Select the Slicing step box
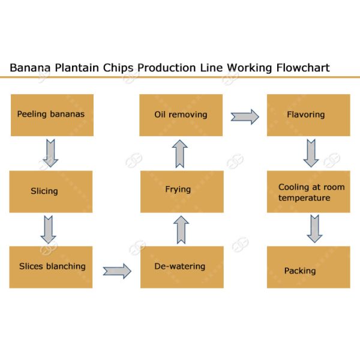pyautogui.click(x=51, y=191)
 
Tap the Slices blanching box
pyautogui.click(x=51, y=267)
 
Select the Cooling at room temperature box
pyautogui.click(x=308, y=191)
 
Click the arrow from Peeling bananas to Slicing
pyautogui.click(x=50, y=153)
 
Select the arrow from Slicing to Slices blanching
pyautogui.click(x=48, y=229)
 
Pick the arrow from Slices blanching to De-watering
pyautogui.click(x=116, y=271)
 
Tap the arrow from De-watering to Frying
pyautogui.click(x=181, y=230)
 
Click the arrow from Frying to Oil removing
pyautogui.click(x=181, y=154)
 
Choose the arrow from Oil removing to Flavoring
pyautogui.click(x=245, y=116)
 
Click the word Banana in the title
pyautogui.click(x=30, y=67)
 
